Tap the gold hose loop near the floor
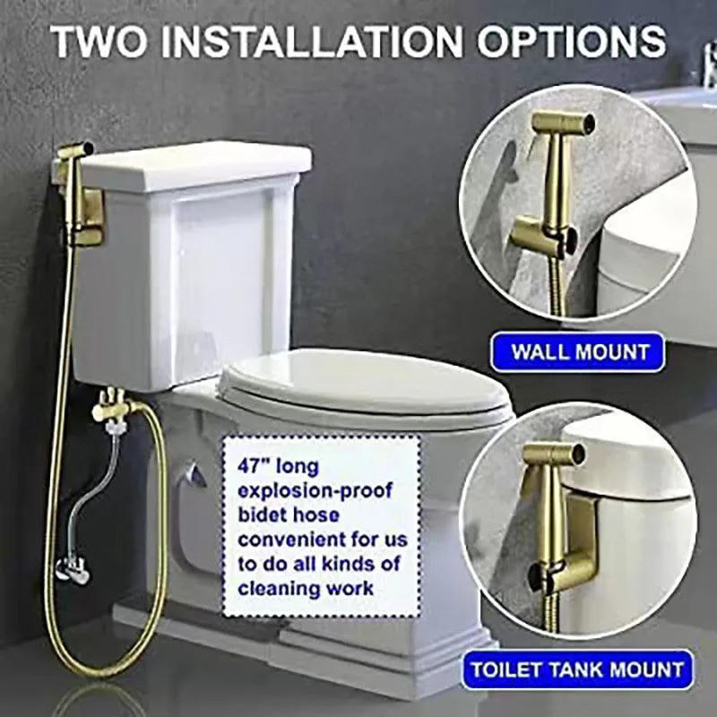click(x=117, y=627)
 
